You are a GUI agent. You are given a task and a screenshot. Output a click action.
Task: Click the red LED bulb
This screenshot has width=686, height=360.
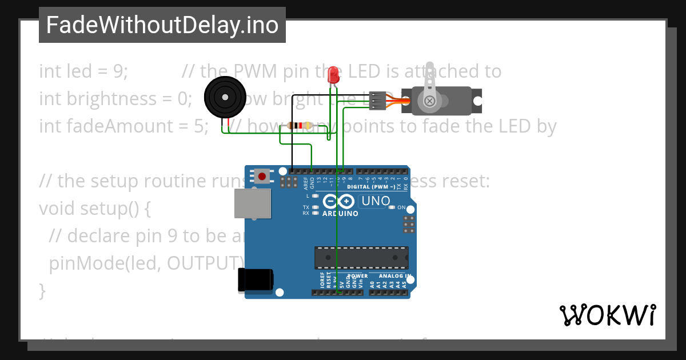(333, 75)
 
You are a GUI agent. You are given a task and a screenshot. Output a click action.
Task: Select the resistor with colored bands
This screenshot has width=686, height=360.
(300, 126)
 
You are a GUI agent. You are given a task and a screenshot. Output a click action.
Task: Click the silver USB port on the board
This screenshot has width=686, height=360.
(252, 204)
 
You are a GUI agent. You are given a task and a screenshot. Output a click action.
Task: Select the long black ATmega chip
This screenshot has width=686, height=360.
(361, 258)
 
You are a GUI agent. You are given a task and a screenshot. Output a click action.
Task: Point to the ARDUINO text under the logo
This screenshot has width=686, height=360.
(340, 214)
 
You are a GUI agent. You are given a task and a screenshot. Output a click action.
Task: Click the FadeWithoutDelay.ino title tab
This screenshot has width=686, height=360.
(162, 25)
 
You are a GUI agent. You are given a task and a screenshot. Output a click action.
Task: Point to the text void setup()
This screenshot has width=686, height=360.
(94, 209)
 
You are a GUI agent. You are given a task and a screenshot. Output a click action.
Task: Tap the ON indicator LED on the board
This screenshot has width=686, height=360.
(392, 207)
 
